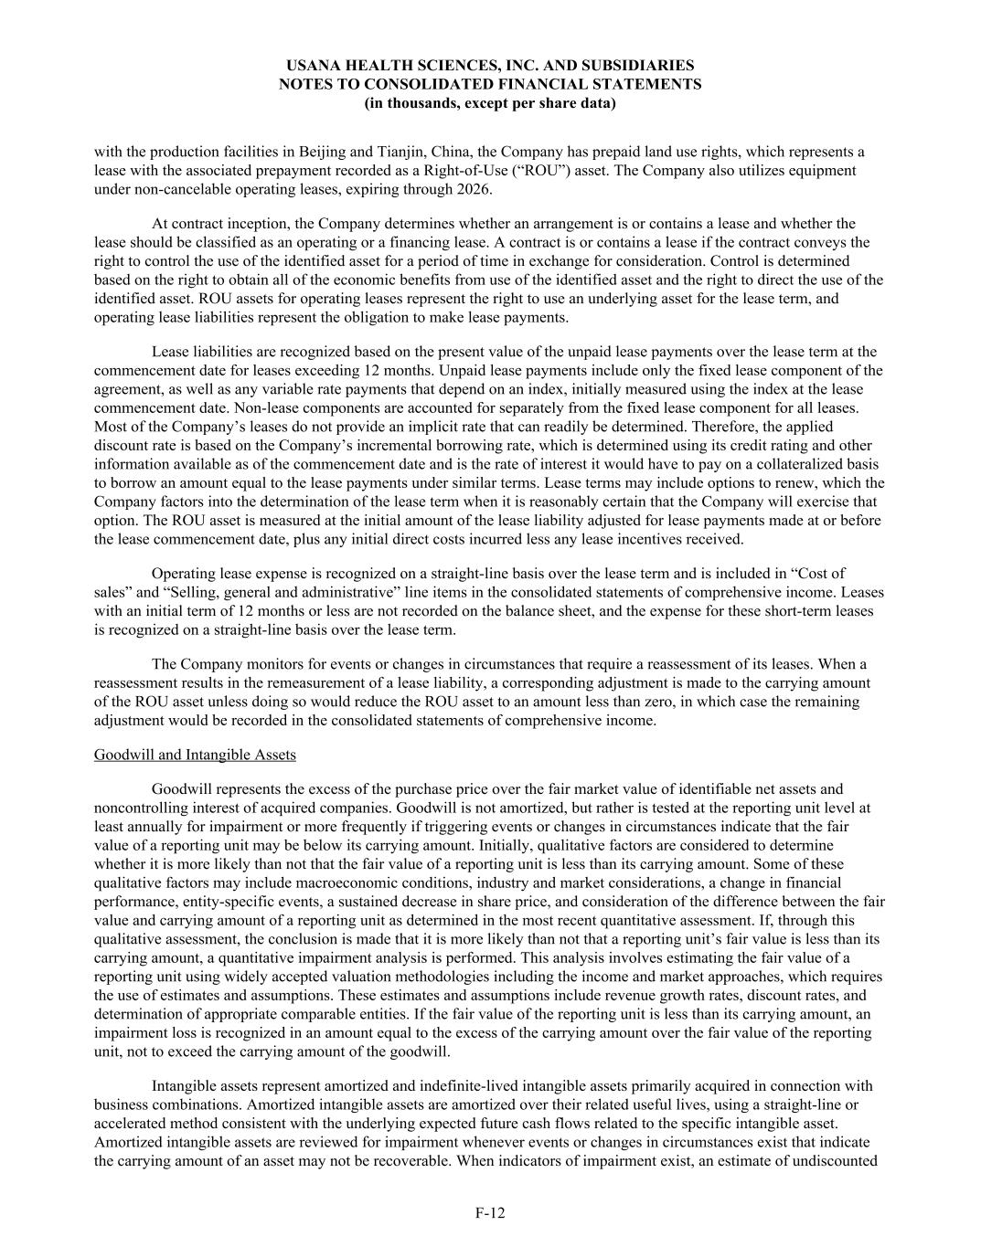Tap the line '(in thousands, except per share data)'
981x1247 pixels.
click(490, 102)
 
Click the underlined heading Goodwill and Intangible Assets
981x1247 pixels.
click(195, 755)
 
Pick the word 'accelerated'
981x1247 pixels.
click(128, 1124)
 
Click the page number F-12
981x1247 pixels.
click(490, 1213)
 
